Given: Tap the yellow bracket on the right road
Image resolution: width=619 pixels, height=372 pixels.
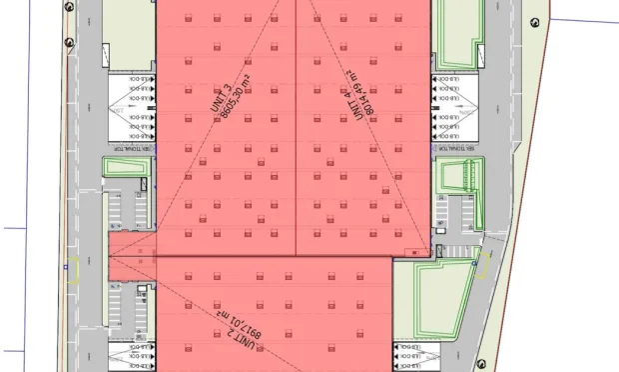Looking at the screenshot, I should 481,263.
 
